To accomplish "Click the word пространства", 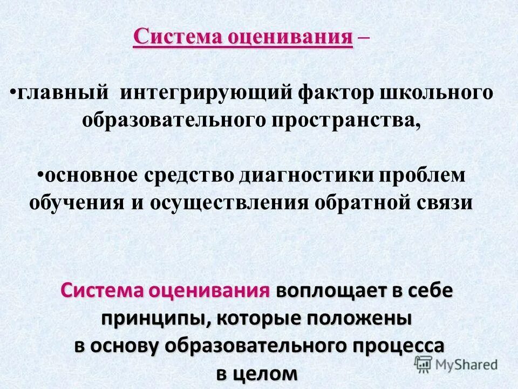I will (x=346, y=120).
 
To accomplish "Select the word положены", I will (x=359, y=318).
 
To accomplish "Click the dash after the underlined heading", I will (x=363, y=39).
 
